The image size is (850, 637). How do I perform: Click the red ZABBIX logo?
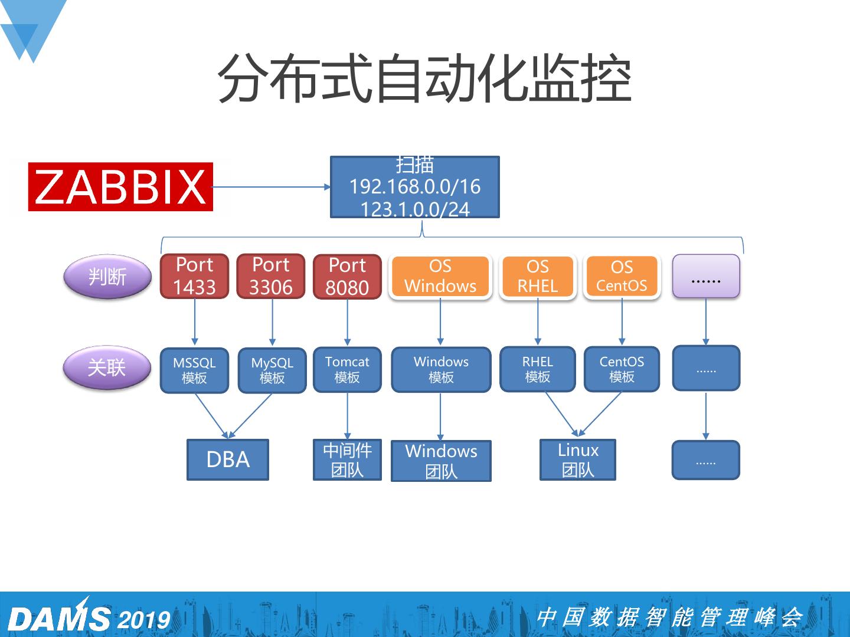tap(120, 187)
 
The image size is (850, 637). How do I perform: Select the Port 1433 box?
tap(194, 276)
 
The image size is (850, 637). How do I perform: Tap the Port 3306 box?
tap(271, 276)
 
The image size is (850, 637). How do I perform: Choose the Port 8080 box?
tap(347, 277)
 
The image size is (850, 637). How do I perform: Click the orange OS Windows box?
tap(440, 276)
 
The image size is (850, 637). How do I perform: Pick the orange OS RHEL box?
tap(538, 276)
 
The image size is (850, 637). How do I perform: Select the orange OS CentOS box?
tap(622, 276)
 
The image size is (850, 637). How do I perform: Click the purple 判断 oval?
tap(107, 276)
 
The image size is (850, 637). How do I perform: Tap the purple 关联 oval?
tap(107, 367)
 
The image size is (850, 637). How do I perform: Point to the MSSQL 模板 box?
tap(194, 370)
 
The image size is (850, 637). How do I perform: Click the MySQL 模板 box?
tap(272, 370)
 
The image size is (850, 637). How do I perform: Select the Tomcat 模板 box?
tap(347, 369)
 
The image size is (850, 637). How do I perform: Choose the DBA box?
tap(228, 459)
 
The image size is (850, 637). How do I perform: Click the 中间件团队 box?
tap(347, 459)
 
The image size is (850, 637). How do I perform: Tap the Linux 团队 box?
tap(578, 459)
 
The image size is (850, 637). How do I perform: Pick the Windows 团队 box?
tap(441, 461)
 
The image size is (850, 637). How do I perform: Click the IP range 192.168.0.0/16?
tap(415, 187)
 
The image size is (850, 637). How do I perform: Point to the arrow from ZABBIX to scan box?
tap(272, 187)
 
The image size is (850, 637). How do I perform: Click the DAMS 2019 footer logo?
tap(89, 617)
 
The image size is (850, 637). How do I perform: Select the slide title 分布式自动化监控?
tap(424, 79)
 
